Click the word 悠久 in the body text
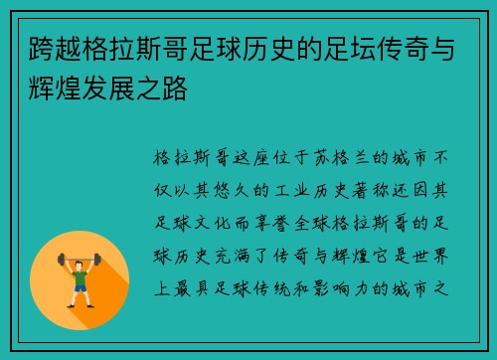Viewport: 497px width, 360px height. (236, 185)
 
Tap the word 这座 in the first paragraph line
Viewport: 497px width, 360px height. (235, 158)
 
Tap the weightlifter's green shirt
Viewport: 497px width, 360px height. (80, 274)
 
